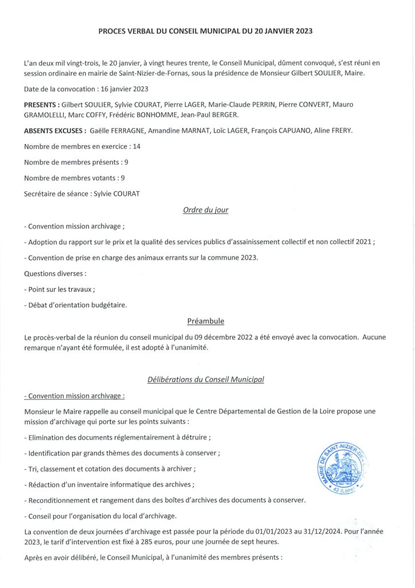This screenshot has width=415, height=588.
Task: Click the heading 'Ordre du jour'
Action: pyautogui.click(x=206, y=210)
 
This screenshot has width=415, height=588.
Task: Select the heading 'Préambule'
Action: pyautogui.click(x=206, y=320)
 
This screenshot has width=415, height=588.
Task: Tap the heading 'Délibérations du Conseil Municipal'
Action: pyautogui.click(x=206, y=380)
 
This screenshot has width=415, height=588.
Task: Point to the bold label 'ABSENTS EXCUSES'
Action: pyautogui.click(x=55, y=131)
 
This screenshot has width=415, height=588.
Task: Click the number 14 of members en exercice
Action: pyautogui.click(x=136, y=146)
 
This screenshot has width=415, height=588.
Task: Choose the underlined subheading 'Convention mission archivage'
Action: pyautogui.click(x=75, y=396)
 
